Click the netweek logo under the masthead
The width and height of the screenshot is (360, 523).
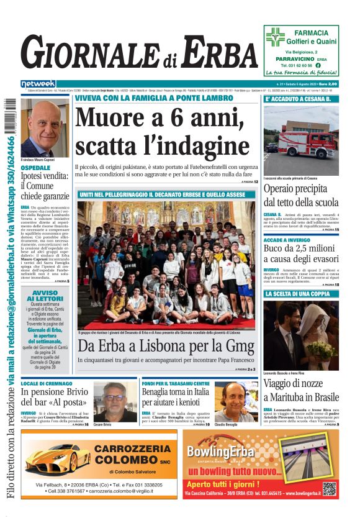point(38,84)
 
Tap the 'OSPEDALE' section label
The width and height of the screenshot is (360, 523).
point(36,168)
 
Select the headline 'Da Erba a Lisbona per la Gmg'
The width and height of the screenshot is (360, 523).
point(166,346)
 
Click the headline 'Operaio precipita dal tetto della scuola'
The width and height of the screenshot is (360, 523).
point(300,195)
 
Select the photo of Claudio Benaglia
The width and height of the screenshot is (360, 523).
point(233,401)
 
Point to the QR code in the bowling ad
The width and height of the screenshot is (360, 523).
point(330,489)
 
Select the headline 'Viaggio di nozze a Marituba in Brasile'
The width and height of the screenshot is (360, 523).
point(301,390)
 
